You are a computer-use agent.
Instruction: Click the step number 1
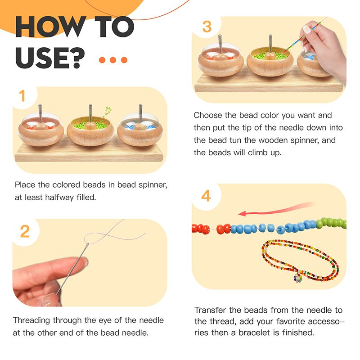[x=22, y=96]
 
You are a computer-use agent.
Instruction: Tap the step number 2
[x=25, y=231]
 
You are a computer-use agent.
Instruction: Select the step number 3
[x=207, y=27]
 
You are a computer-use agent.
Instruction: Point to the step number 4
[x=206, y=196]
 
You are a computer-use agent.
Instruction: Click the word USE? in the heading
[x=50, y=58]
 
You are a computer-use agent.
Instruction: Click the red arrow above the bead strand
[x=275, y=211]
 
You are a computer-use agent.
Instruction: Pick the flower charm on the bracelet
[x=298, y=278]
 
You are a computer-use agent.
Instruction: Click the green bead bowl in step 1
[x=90, y=131]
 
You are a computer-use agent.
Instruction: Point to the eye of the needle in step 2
[x=87, y=245]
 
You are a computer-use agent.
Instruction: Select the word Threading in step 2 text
[x=31, y=320]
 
